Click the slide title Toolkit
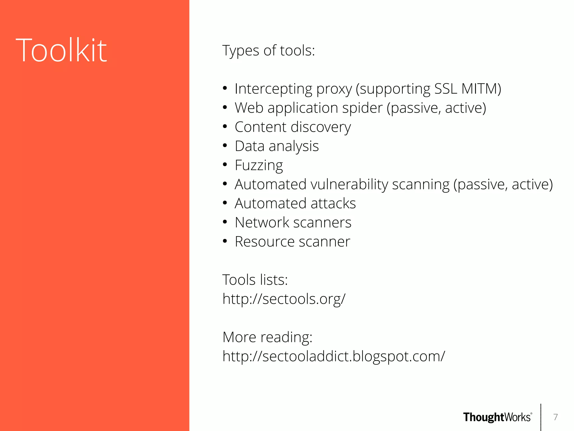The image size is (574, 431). point(61,51)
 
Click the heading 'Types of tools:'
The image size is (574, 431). point(269,51)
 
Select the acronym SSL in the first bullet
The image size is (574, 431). point(446,89)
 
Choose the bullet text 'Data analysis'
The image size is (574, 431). point(277,146)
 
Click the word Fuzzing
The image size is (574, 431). point(259,165)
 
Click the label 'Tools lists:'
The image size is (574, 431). point(255,280)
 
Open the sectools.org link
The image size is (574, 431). point(284,299)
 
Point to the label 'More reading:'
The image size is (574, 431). point(267,337)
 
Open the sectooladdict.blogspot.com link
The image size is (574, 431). point(334,356)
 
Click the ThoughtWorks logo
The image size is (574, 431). point(497,417)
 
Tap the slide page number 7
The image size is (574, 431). point(556,417)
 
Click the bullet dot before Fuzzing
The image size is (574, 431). point(225,165)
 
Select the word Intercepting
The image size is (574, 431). point(273,89)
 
